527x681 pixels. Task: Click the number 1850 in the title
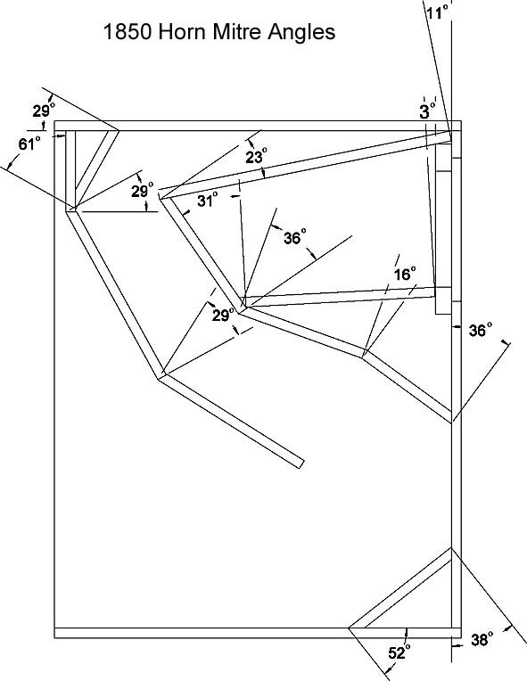(128, 32)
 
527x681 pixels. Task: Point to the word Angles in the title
(301, 33)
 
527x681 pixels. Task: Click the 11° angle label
(436, 12)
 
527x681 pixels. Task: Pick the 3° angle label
(427, 111)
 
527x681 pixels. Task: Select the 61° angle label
(29, 144)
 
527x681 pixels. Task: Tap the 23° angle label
(256, 156)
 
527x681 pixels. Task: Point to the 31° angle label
(207, 200)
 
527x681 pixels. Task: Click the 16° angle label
(405, 274)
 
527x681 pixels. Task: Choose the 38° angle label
(482, 640)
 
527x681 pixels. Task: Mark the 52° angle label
(399, 652)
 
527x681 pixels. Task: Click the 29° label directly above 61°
(44, 111)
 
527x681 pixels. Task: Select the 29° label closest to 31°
(143, 190)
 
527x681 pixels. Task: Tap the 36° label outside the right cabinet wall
(481, 331)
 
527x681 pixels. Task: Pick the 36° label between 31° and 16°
(295, 237)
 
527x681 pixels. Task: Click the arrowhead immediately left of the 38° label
(455, 646)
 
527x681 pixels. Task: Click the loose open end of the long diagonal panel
(300, 464)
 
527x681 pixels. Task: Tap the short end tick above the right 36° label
(505, 342)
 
